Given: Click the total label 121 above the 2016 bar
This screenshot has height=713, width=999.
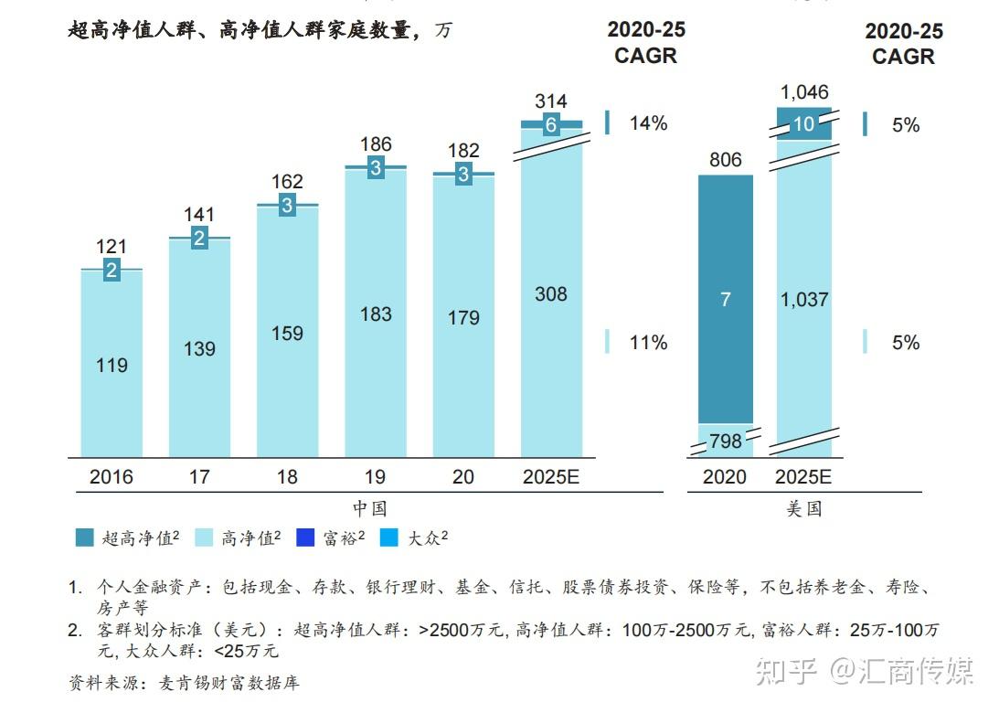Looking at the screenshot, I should (112, 247).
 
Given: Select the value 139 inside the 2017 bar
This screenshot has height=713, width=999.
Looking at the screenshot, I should (199, 349).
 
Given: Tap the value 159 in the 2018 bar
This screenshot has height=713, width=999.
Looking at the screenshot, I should (287, 334).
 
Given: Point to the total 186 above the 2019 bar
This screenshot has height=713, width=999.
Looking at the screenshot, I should (376, 144).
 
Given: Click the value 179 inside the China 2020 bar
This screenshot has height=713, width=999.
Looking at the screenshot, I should (463, 317).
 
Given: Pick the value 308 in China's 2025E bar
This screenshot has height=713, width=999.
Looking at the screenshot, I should (551, 294).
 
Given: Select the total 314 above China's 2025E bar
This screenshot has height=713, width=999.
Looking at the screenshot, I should (551, 101).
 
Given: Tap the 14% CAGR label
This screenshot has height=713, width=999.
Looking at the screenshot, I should (648, 123).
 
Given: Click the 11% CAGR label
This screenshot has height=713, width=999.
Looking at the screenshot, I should (648, 343).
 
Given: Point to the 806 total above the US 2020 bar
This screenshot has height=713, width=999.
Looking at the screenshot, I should (726, 161).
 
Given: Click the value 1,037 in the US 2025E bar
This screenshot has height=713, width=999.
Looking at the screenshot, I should (804, 299).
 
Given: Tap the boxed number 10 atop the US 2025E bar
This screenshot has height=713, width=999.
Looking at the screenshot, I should (804, 125).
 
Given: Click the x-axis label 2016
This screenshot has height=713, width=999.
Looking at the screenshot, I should (112, 477).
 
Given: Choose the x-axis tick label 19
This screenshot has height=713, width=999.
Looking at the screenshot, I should (376, 477).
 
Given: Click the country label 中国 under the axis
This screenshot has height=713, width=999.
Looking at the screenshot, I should (369, 508).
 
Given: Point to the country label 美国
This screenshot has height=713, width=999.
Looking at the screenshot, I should (804, 508).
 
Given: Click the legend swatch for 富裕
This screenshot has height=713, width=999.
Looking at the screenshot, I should (305, 538).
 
